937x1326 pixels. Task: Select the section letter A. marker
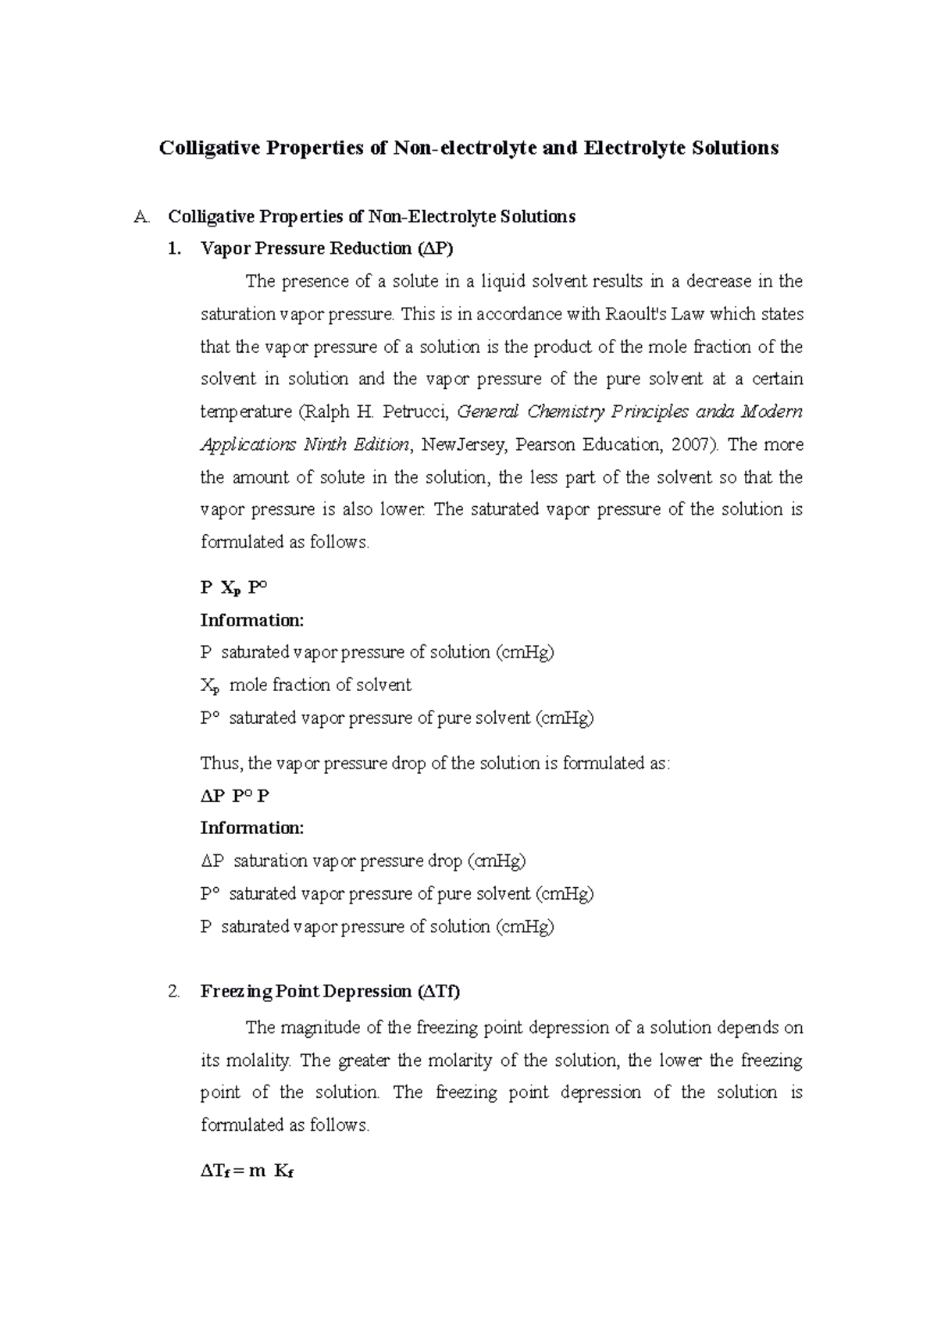click(141, 217)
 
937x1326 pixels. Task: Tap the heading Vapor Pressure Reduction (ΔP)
click(326, 249)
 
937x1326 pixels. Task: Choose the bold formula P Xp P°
click(234, 588)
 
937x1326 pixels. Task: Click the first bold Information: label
click(251, 621)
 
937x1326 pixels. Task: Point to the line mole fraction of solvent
click(319, 685)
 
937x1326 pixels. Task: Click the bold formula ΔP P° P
click(234, 797)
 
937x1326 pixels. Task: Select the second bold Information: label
click(251, 828)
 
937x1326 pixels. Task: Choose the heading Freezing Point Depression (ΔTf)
click(330, 992)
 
